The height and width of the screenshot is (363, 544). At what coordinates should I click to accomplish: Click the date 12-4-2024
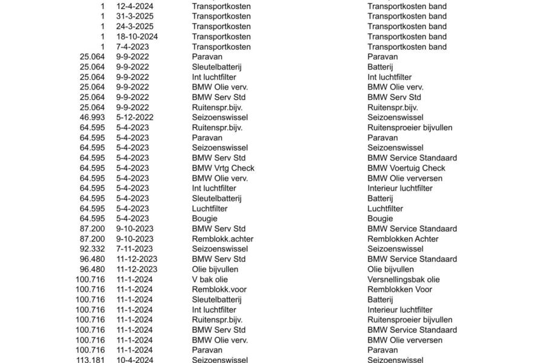click(x=135, y=6)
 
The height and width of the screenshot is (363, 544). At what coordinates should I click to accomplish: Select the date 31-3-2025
click(x=135, y=16)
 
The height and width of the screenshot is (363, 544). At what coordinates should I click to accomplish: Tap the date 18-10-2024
click(x=137, y=36)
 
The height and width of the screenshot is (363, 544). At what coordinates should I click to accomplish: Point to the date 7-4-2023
click(x=132, y=47)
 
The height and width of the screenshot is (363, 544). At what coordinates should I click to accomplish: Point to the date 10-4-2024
click(x=135, y=360)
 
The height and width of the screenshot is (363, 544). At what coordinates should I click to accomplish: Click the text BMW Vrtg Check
click(x=223, y=168)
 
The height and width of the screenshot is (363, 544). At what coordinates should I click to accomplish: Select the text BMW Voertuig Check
click(x=406, y=168)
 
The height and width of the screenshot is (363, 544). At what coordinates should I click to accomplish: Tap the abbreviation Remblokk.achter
click(x=222, y=239)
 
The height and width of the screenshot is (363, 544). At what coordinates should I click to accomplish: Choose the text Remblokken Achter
click(x=403, y=239)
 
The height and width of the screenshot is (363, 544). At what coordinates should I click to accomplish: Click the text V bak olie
click(x=210, y=280)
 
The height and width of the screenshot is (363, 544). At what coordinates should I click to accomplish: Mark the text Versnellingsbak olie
click(x=404, y=280)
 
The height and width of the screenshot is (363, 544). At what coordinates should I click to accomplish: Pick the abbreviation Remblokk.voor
click(x=219, y=289)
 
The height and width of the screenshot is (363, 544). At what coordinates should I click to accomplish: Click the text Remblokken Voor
click(x=400, y=289)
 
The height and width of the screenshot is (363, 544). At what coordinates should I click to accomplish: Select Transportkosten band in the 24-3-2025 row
click(x=407, y=27)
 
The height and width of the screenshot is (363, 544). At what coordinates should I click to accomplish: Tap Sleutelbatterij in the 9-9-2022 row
click(x=217, y=67)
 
